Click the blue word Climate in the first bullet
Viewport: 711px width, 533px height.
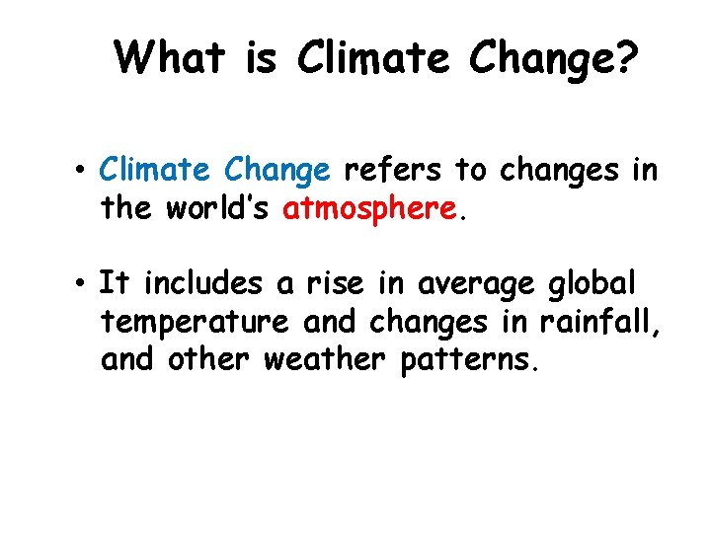(158, 170)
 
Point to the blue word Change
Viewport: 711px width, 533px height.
(277, 170)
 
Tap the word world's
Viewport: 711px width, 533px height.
(222, 209)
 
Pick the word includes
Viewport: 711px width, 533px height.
(203, 284)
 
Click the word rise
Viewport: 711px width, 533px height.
(336, 284)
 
